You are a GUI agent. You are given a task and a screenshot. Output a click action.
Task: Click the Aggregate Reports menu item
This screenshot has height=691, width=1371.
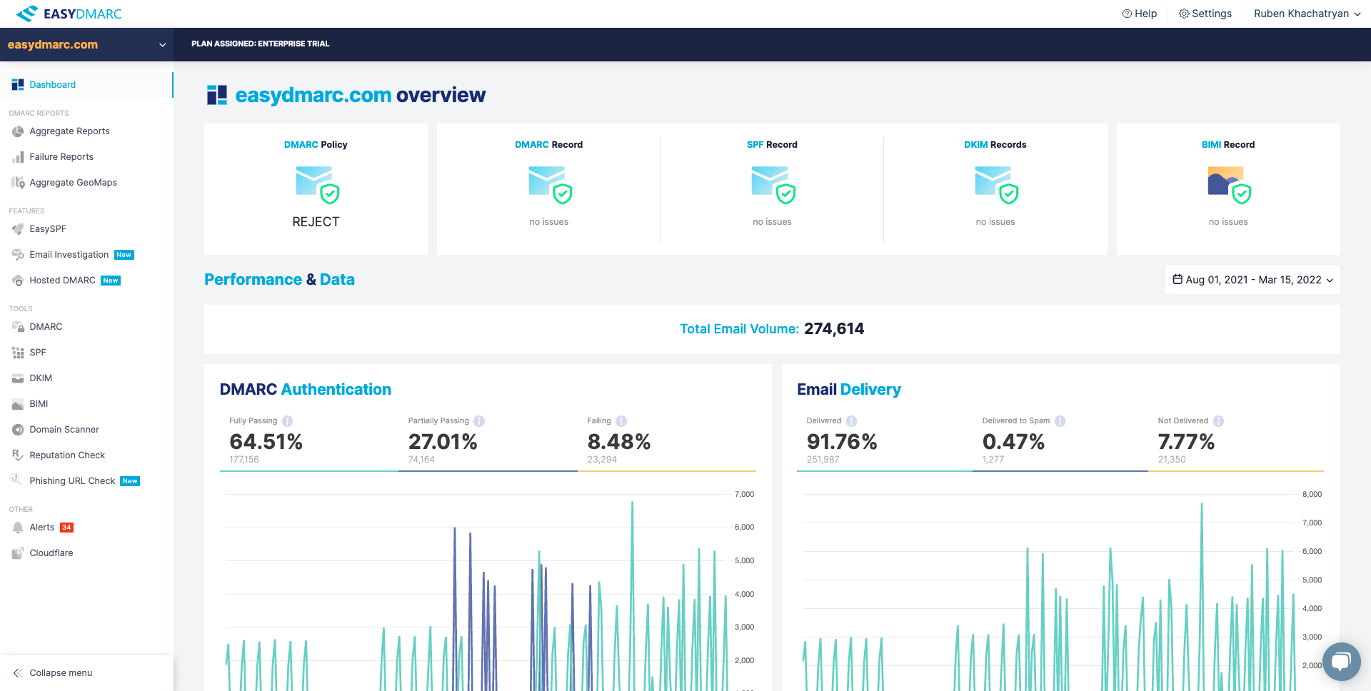pos(69,131)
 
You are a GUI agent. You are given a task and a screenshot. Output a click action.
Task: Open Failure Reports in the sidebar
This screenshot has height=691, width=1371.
pos(61,157)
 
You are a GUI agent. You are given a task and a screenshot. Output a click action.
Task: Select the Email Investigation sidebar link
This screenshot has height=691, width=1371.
pos(69,255)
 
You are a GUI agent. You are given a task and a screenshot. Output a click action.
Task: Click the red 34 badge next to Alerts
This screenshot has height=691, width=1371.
pos(66,528)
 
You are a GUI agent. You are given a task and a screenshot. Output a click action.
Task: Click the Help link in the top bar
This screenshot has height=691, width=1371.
pos(1140,14)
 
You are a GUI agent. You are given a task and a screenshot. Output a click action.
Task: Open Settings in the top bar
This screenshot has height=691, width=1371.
pos(1205,14)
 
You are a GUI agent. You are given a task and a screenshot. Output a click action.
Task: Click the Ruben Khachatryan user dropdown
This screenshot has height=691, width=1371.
pos(1306,14)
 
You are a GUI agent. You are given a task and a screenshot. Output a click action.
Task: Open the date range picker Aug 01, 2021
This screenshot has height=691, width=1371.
pos(1252,280)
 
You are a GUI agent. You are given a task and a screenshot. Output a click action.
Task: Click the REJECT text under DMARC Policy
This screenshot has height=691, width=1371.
pos(316,222)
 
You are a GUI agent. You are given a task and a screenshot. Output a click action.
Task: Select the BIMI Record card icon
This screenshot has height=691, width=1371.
pos(1228,184)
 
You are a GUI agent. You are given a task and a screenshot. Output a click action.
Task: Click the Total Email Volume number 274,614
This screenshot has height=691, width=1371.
pos(833,329)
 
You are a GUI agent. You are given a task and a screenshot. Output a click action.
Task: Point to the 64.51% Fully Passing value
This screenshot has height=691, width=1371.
pos(266,442)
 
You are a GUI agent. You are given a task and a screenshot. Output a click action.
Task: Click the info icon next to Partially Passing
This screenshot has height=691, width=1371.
pos(479,421)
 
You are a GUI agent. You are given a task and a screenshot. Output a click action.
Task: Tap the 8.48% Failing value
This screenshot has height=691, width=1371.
pos(618,442)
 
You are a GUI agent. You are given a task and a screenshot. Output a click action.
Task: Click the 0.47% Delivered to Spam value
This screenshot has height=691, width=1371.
pos(1013,442)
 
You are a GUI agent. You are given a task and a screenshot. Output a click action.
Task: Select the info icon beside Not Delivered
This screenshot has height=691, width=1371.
pos(1218,421)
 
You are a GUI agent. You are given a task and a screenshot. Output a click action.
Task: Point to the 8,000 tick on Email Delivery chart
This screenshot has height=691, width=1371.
pos(1312,494)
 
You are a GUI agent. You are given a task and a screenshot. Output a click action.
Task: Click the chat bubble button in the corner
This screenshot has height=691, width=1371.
pos(1340,661)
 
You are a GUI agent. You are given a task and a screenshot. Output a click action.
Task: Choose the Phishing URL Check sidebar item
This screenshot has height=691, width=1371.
pos(72,481)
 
